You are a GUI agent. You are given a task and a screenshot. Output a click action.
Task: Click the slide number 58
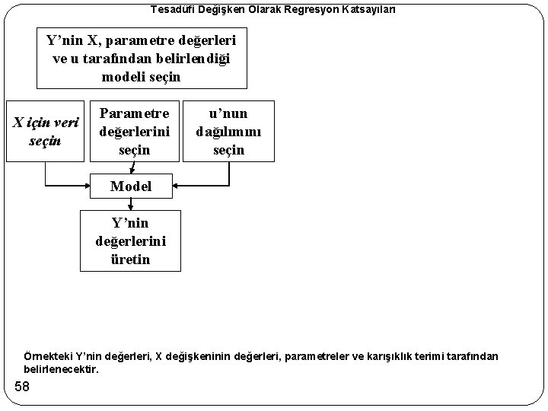tap(22, 388)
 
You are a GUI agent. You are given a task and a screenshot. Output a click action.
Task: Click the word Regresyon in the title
tap(295, 9)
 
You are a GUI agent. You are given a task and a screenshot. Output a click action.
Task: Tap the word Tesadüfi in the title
tap(171, 9)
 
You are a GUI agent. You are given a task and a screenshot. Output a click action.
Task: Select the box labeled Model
tap(131, 186)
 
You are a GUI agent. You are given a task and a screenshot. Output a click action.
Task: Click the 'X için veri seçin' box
tap(43, 131)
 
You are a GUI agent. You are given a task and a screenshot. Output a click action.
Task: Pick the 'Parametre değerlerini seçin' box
tap(134, 130)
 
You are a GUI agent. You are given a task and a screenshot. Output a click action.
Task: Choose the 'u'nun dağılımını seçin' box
tap(228, 130)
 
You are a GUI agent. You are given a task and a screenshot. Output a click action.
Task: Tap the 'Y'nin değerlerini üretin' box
tap(131, 241)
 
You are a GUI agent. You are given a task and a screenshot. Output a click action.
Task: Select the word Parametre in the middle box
tap(134, 113)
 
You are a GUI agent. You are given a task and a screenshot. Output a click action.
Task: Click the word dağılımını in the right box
tap(228, 131)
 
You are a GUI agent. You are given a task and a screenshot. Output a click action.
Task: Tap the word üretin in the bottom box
tap(131, 260)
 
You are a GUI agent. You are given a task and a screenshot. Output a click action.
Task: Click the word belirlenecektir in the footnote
tap(61, 369)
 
